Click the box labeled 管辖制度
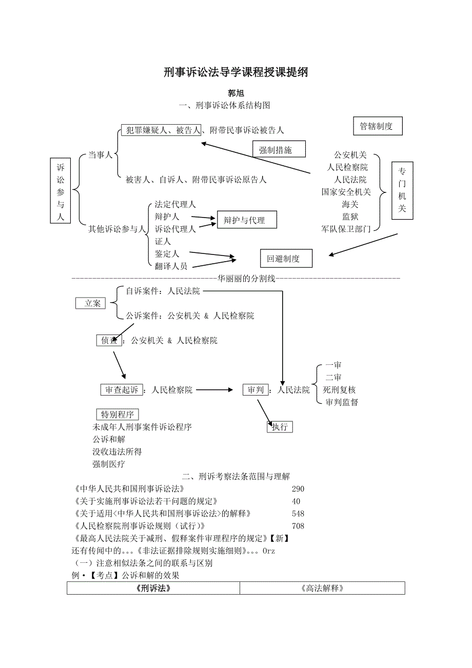(x=378, y=126)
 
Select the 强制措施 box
(x=279, y=149)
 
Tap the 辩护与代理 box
(x=247, y=220)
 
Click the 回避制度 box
(x=286, y=259)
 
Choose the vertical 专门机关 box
(x=402, y=190)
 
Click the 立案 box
(x=90, y=303)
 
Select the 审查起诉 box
(x=122, y=390)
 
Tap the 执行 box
(x=280, y=426)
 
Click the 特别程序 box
(x=117, y=415)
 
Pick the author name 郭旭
(x=235, y=93)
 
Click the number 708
(x=298, y=526)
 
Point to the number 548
(x=298, y=514)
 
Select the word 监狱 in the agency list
(x=350, y=217)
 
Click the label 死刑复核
(x=339, y=390)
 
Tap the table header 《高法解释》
(x=322, y=588)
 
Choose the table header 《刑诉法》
(x=153, y=588)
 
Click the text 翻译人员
(x=171, y=266)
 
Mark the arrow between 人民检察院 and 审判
(x=214, y=390)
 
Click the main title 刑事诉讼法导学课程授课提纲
(x=235, y=72)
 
